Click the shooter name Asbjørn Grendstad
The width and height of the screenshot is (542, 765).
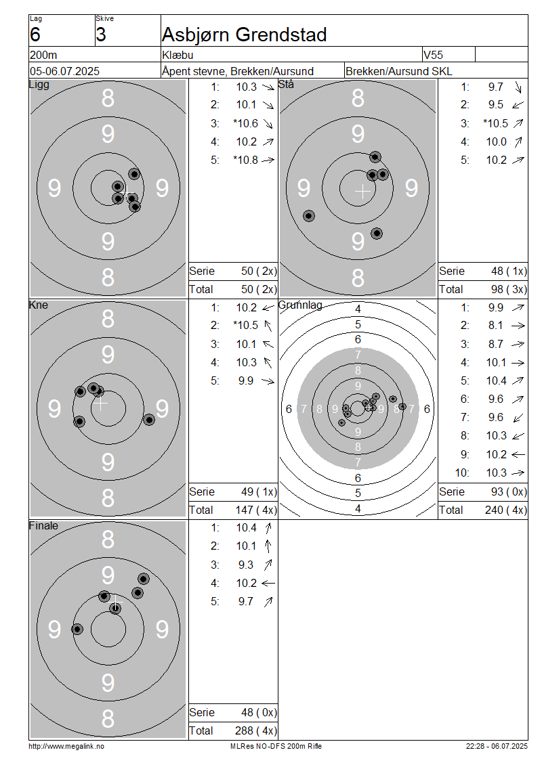(x=244, y=35)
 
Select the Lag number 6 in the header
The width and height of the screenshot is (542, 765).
(x=35, y=35)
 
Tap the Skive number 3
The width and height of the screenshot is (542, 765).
(x=100, y=35)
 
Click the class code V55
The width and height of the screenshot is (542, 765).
(x=433, y=55)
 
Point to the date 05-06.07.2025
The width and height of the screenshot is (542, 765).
(x=64, y=71)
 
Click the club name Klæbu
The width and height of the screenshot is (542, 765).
(x=178, y=55)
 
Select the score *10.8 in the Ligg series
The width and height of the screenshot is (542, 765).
(x=246, y=160)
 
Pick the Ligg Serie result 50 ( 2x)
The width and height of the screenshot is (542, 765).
(x=259, y=271)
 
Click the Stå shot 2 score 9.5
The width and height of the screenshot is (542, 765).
(x=496, y=105)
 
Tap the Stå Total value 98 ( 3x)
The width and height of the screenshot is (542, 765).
(x=509, y=289)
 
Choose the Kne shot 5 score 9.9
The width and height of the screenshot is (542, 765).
(x=246, y=380)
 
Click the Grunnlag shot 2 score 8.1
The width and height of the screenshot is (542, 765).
(x=496, y=326)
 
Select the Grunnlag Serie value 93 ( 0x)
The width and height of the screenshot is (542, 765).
(x=509, y=491)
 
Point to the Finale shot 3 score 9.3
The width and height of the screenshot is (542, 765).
(x=246, y=565)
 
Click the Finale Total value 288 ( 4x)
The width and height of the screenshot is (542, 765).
(x=256, y=730)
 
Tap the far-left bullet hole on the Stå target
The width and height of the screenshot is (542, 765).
(x=308, y=216)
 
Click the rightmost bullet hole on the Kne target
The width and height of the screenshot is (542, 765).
(x=149, y=420)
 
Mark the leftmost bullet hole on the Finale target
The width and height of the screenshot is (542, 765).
(x=77, y=630)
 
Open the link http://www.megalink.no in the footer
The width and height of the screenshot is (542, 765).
(x=66, y=746)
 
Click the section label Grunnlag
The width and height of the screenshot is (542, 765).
(x=300, y=305)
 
